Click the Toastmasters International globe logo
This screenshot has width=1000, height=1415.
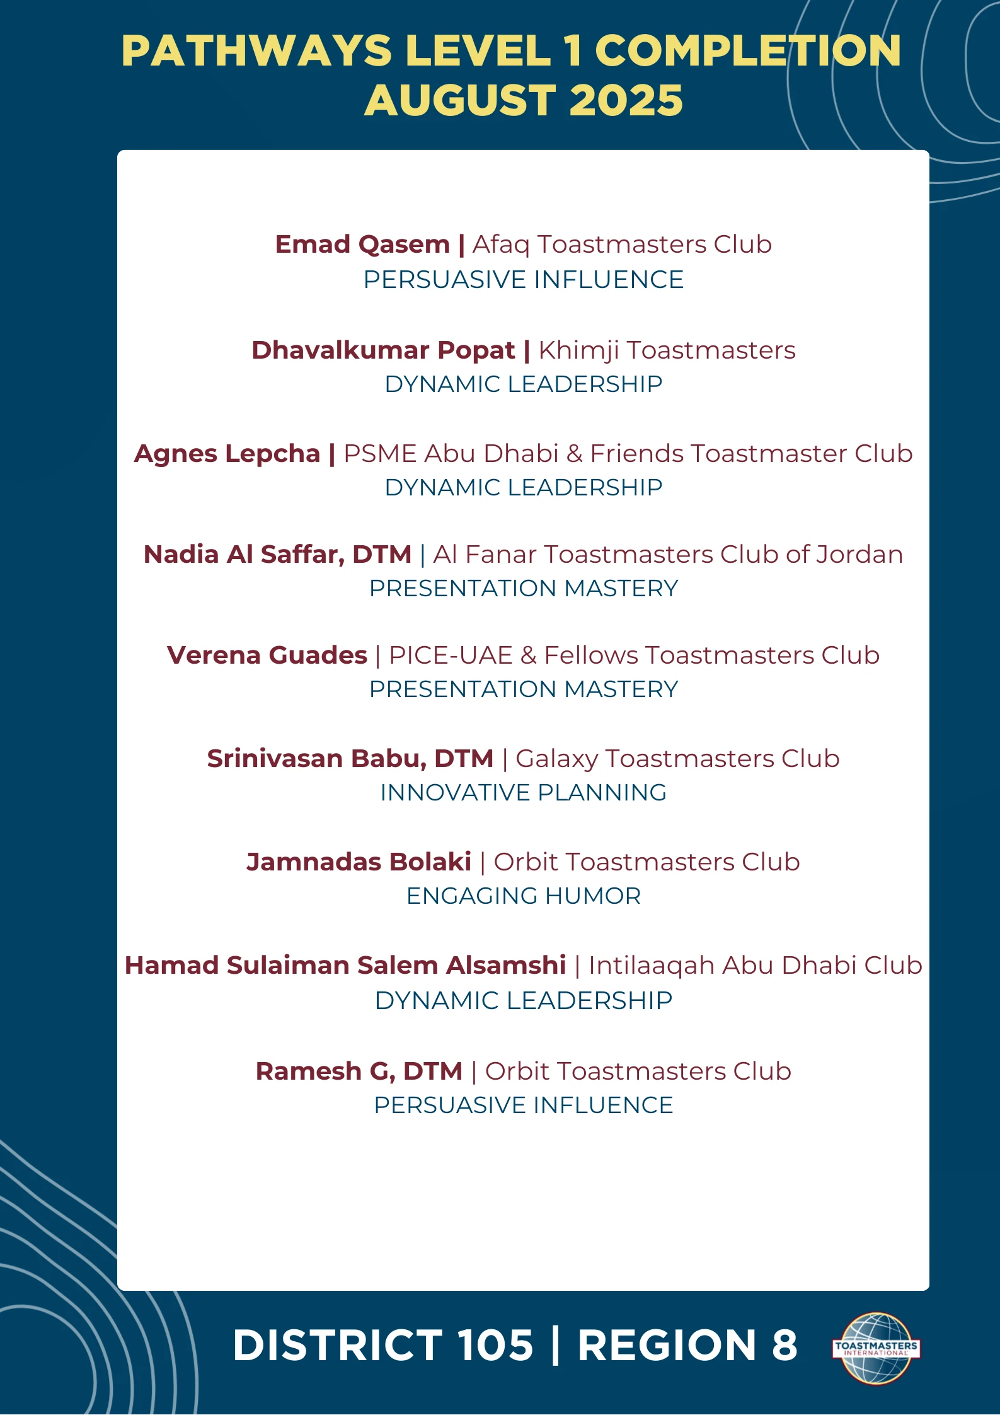[x=875, y=1348]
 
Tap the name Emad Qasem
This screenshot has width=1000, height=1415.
[x=362, y=245]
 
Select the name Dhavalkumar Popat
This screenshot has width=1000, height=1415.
[x=383, y=350]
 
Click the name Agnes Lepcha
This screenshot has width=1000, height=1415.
[x=227, y=454]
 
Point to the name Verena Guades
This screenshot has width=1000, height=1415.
[x=267, y=656]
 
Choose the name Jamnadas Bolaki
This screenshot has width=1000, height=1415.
[x=359, y=862]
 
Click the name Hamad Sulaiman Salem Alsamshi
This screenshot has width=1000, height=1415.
[x=345, y=966]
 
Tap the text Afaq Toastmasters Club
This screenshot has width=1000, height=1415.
[x=622, y=245]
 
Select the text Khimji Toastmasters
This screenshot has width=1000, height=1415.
[x=667, y=350]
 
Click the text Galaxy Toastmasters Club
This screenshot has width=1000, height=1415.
[x=677, y=759]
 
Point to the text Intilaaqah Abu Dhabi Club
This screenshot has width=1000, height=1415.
[x=755, y=966]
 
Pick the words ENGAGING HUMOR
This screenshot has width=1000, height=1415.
[x=523, y=896]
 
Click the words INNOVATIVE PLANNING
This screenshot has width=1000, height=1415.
[x=523, y=793]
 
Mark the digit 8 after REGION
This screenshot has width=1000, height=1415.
[x=784, y=1345]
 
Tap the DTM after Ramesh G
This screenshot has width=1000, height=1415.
[x=432, y=1071]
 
